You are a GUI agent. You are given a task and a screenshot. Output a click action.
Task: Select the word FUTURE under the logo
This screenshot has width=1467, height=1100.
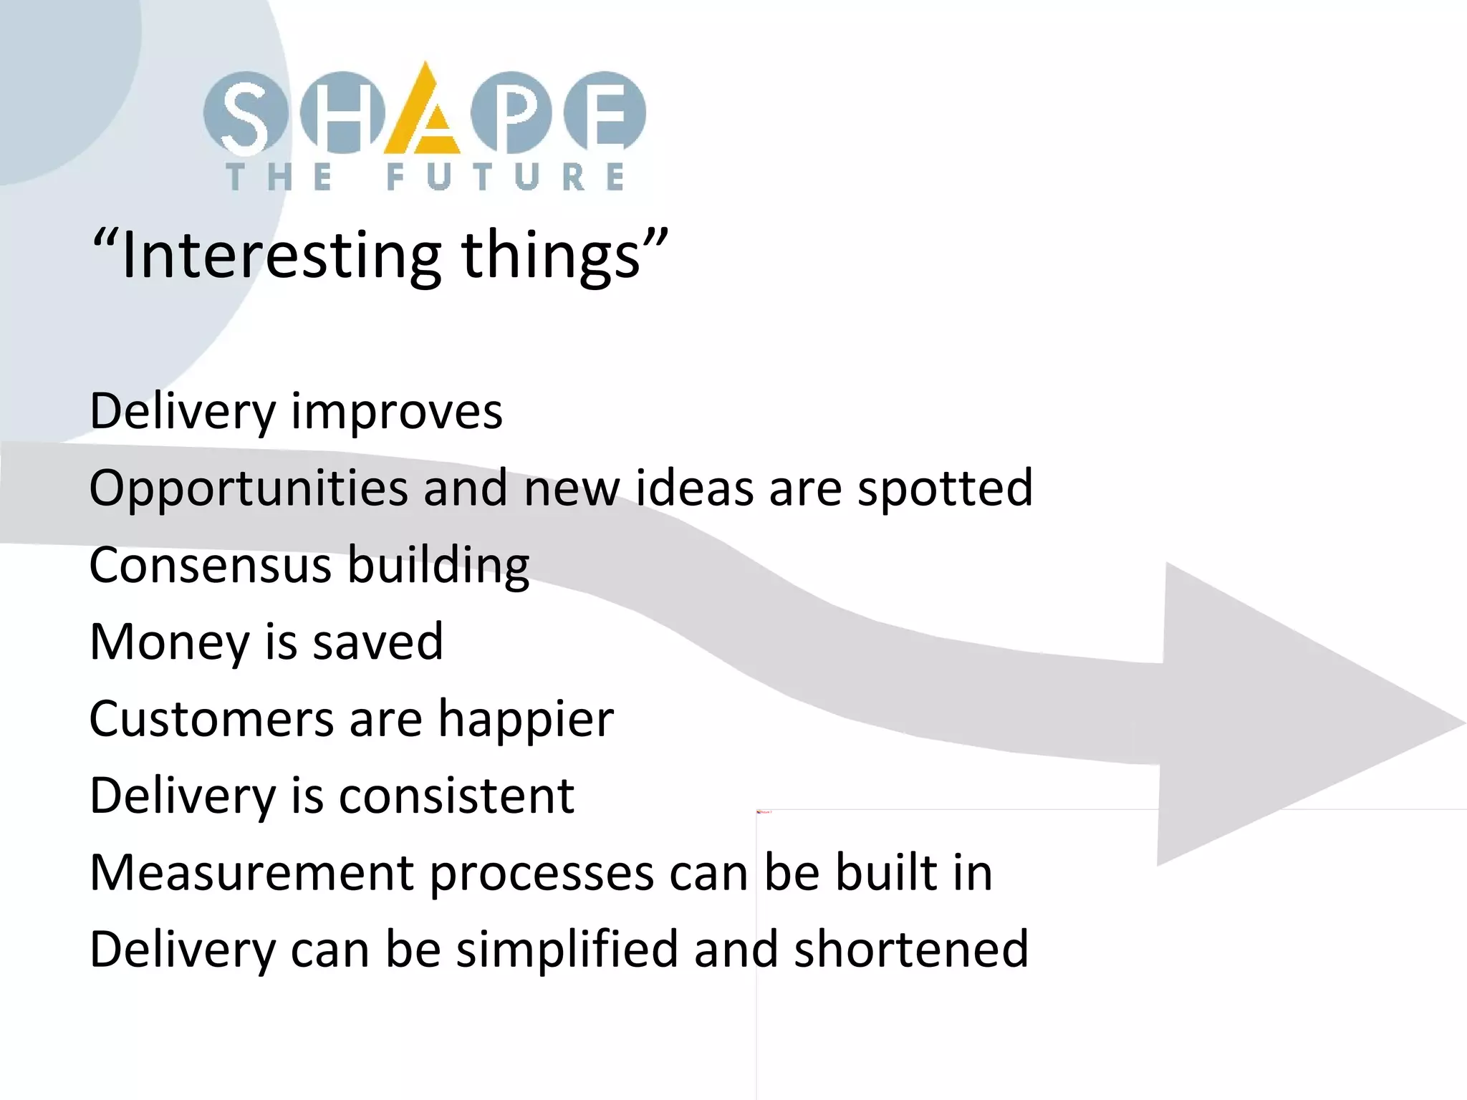(x=506, y=177)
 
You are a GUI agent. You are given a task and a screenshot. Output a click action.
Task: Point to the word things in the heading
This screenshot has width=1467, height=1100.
(x=551, y=256)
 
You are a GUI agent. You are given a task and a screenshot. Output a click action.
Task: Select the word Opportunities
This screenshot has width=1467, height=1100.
(x=248, y=489)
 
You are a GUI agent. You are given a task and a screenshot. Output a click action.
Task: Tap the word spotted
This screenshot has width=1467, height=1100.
(x=945, y=489)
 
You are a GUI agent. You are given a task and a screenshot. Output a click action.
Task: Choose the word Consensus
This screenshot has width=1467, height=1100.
(x=209, y=565)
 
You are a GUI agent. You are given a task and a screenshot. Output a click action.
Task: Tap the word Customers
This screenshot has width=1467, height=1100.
(x=211, y=718)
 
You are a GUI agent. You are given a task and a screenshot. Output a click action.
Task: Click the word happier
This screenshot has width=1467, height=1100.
(x=526, y=720)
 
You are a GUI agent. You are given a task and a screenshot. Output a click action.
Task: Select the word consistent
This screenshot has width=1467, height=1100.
(x=456, y=796)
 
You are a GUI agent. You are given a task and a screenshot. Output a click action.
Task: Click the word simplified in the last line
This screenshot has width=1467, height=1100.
(x=566, y=950)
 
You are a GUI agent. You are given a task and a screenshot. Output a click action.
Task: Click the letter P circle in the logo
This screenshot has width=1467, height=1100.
(x=511, y=113)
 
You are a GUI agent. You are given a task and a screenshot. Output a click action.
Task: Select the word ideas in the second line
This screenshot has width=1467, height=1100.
(x=694, y=488)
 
